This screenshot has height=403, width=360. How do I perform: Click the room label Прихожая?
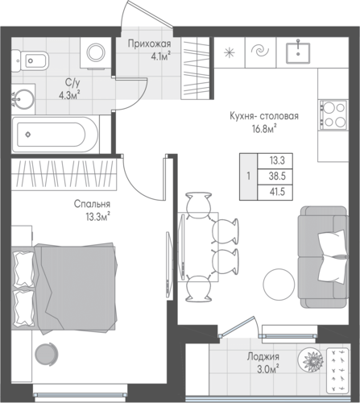pyautogui.click(x=149, y=44)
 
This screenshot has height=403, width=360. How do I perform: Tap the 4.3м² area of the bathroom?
pyautogui.click(x=70, y=95)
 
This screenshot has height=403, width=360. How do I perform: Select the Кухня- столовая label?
pyautogui.click(x=264, y=116)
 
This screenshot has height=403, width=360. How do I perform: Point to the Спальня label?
pyautogui.click(x=92, y=204)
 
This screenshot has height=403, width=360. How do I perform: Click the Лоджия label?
pyautogui.click(x=263, y=357)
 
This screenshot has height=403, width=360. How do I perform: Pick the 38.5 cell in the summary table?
pyautogui.click(x=277, y=177)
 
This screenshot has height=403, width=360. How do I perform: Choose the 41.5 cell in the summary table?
pyautogui.click(x=277, y=192)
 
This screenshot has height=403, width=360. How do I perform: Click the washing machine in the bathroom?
pyautogui.click(x=96, y=52)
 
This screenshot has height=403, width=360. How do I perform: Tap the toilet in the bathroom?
pyautogui.click(x=30, y=60)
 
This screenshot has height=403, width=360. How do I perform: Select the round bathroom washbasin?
pyautogui.click(x=23, y=99)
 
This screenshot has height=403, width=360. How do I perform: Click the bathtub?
pyautogui.click(x=56, y=135)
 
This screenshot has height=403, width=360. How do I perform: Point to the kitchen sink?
pyautogui.click(x=298, y=52)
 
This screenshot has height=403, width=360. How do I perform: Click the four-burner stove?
pyautogui.click(x=333, y=115)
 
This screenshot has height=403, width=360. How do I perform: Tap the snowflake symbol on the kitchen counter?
pyautogui.click(x=230, y=52)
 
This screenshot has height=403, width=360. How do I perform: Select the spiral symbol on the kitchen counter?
pyautogui.click(x=260, y=51)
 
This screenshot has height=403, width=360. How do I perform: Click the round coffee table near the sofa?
pyautogui.click(x=279, y=285)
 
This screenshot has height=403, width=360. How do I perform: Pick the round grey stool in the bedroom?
pyautogui.click(x=46, y=354)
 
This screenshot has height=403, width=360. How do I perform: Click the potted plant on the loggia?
pyautogui.click(x=311, y=361)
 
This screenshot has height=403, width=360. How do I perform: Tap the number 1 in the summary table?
pyautogui.click(x=249, y=177)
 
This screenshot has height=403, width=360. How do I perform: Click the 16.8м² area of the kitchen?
pyautogui.click(x=264, y=130)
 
